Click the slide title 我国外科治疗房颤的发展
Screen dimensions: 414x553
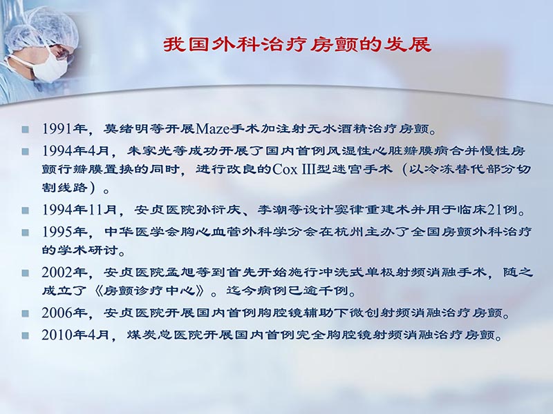pyautogui.click(x=297, y=46)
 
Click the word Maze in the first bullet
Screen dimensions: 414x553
pyautogui.click(x=216, y=129)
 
